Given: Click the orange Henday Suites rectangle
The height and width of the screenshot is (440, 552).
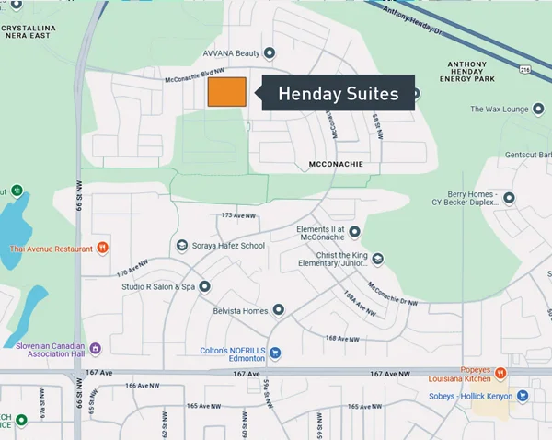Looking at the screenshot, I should (226, 92).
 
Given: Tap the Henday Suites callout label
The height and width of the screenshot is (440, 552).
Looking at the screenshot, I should (338, 93).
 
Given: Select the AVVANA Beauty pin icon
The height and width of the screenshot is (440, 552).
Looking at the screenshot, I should (270, 53).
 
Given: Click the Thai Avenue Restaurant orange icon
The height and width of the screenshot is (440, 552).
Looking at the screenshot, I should (103, 248).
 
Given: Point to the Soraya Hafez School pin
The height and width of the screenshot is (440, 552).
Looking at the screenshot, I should (180, 246).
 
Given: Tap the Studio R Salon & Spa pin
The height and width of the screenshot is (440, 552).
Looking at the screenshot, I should (204, 286).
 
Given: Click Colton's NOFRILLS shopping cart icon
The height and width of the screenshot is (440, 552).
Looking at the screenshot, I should (274, 353).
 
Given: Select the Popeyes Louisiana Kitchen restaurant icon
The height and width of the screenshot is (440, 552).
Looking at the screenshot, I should (500, 373).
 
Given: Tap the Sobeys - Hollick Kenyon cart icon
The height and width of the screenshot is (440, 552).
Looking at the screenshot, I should (523, 396).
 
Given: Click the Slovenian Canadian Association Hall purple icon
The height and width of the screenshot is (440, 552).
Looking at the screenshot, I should (95, 348).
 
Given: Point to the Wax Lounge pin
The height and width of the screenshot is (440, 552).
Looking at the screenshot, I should (537, 110).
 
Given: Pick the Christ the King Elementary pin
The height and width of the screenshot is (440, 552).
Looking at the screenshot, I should (377, 259).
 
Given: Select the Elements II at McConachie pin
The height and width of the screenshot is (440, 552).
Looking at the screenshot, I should (354, 232).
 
